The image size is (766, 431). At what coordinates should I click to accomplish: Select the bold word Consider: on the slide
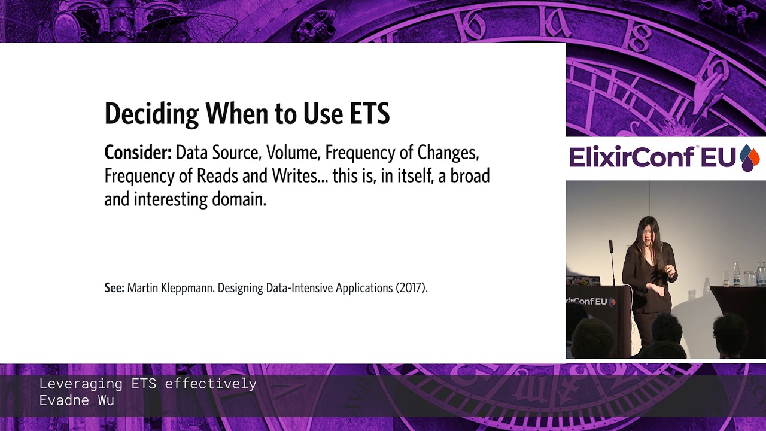pos(138,153)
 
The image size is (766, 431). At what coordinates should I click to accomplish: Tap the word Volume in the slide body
pos(291,153)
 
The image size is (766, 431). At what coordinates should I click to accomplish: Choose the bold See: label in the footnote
pos(114,288)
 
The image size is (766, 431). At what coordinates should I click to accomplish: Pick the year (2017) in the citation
pos(411,288)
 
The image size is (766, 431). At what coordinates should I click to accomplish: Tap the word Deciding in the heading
pos(152,113)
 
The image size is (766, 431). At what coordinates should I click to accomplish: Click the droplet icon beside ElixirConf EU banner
pos(749,158)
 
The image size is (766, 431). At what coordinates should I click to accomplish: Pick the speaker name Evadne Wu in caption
pos(77,401)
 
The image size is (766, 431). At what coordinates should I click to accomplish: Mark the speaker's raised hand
pos(671,271)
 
